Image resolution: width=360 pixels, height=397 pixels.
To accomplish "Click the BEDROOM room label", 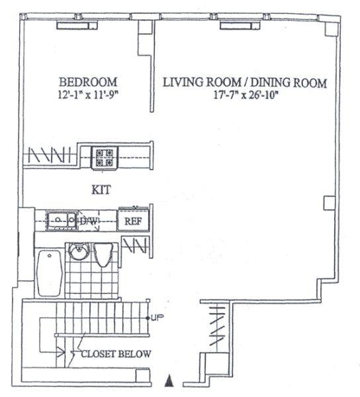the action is pyautogui.click(x=88, y=82).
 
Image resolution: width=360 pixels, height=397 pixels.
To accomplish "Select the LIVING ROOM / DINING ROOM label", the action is pyautogui.click(x=244, y=83).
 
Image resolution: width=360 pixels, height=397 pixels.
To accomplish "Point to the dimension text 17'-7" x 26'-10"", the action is pyautogui.click(x=246, y=95).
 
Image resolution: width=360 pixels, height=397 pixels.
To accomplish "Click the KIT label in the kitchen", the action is pyautogui.click(x=101, y=190).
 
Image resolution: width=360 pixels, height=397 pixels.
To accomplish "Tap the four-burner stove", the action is pyautogui.click(x=105, y=157).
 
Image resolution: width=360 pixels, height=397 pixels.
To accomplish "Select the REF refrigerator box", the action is pyautogui.click(x=133, y=220).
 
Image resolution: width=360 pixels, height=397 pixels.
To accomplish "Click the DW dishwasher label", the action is pyautogui.click(x=89, y=221).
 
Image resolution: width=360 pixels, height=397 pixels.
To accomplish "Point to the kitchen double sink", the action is pyautogui.click(x=62, y=220).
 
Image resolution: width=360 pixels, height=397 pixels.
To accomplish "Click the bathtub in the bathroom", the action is pyautogui.click(x=49, y=273).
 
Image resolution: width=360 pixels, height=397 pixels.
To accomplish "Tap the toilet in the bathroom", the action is pyautogui.click(x=103, y=255).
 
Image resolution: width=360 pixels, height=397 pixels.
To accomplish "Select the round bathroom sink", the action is pyautogui.click(x=79, y=251).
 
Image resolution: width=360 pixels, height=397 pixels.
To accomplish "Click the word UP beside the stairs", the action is pyautogui.click(x=157, y=318).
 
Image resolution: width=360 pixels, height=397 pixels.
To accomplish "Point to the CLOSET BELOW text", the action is pyautogui.click(x=116, y=354).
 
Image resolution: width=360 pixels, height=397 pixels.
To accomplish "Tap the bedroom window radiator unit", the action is pyautogui.click(x=77, y=26).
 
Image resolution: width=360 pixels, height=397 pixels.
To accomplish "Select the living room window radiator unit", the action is pyautogui.click(x=240, y=26).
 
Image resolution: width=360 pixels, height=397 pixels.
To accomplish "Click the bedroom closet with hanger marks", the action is pyautogui.click(x=50, y=155).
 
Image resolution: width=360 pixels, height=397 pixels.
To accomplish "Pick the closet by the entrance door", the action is pyautogui.click(x=216, y=326).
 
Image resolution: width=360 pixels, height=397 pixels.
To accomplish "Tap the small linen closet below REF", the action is pyautogui.click(x=135, y=246).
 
